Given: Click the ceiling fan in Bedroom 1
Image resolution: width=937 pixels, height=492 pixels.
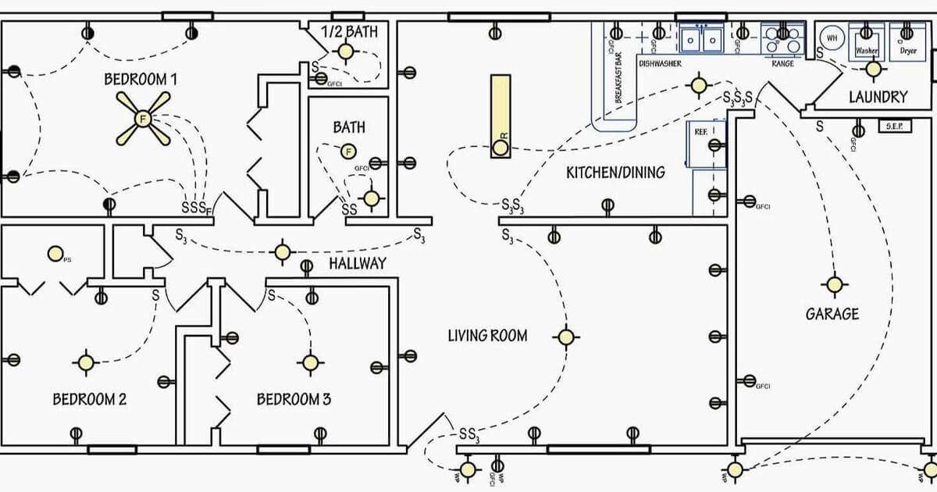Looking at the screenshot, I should (142, 119).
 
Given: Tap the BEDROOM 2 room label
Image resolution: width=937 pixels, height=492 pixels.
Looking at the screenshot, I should (90, 399).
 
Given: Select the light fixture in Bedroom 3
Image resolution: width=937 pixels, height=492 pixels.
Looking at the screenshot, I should (310, 362).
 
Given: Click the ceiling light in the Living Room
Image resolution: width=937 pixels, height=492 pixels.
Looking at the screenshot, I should (566, 337).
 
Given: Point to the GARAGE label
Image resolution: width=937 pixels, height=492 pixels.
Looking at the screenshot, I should (832, 314).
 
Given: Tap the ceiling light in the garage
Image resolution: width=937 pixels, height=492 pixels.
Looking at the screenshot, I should (835, 284).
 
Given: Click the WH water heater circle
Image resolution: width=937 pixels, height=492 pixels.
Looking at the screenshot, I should (832, 37).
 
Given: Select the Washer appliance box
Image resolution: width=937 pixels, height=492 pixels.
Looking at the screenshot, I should (867, 41).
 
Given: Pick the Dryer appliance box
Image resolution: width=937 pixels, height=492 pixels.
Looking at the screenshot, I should (907, 41).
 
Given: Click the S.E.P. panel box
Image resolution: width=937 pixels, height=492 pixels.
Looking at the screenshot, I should (895, 126).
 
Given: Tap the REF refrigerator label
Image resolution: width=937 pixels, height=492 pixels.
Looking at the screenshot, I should (700, 133).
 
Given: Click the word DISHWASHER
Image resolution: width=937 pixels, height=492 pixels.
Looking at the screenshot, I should (660, 63).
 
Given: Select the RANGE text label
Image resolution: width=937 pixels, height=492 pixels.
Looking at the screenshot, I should (782, 63).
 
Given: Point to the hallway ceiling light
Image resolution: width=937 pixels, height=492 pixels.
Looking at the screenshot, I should (283, 252).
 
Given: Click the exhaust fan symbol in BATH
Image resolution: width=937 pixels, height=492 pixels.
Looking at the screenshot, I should (348, 151).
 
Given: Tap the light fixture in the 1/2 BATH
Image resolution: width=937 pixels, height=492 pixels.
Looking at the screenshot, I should (345, 52).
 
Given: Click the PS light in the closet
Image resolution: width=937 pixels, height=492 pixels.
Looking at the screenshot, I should (55, 253).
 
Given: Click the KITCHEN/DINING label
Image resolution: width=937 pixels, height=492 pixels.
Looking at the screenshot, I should (615, 173).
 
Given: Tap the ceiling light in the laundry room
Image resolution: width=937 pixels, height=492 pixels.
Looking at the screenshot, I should (874, 69).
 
